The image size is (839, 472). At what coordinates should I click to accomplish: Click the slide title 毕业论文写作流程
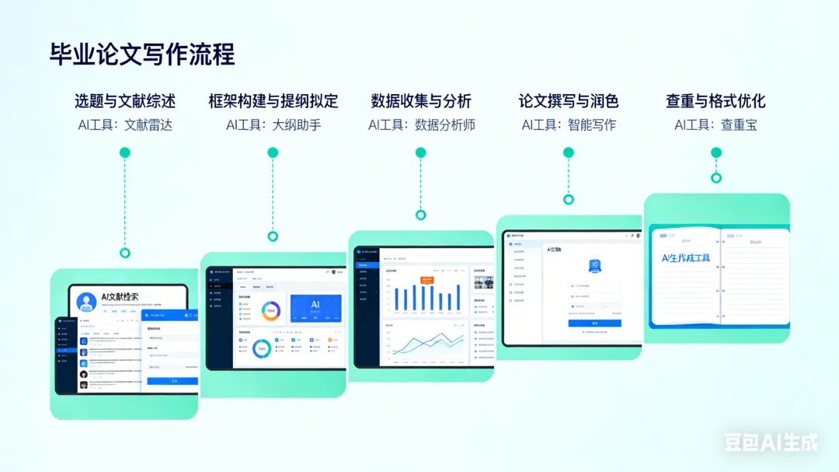click(142, 54)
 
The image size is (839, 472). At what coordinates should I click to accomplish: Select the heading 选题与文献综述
click(125, 101)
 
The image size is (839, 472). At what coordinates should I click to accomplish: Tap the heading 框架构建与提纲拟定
click(273, 101)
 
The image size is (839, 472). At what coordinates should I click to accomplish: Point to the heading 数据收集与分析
click(421, 101)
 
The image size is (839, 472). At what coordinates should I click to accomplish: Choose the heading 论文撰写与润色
click(569, 101)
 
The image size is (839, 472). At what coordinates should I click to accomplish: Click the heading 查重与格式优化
click(715, 101)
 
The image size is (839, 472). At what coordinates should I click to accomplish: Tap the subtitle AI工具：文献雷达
click(125, 124)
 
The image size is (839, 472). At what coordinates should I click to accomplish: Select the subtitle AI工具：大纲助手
click(273, 124)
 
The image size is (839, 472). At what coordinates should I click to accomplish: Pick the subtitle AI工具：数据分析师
click(421, 124)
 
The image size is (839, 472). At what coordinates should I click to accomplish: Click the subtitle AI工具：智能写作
click(569, 124)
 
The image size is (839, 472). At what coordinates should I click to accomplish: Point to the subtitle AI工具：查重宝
click(715, 124)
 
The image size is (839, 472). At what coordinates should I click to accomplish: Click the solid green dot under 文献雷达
click(125, 152)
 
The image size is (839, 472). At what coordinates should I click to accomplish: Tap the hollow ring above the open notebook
click(716, 178)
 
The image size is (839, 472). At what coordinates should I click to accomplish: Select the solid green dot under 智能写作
click(569, 152)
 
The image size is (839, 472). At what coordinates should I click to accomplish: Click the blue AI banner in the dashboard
click(315, 308)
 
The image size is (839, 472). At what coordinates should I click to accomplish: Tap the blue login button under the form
click(594, 323)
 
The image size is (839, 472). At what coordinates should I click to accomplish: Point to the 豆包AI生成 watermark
click(771, 442)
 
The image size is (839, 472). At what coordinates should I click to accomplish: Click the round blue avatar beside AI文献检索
click(87, 301)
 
